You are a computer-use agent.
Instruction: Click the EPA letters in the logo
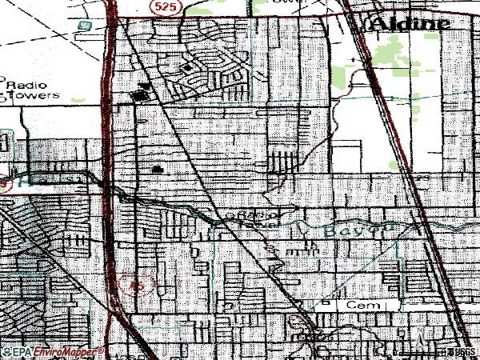click(x=21, y=351)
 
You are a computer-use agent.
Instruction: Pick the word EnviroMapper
click(x=64, y=351)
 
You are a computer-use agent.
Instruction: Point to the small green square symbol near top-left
click(x=82, y=26)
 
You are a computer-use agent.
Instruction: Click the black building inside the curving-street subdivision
click(x=187, y=69)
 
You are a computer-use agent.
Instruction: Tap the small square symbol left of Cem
click(x=326, y=303)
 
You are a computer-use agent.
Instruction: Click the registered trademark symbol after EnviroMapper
click(x=101, y=349)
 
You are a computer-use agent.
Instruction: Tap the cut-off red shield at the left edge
click(x=3, y=182)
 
